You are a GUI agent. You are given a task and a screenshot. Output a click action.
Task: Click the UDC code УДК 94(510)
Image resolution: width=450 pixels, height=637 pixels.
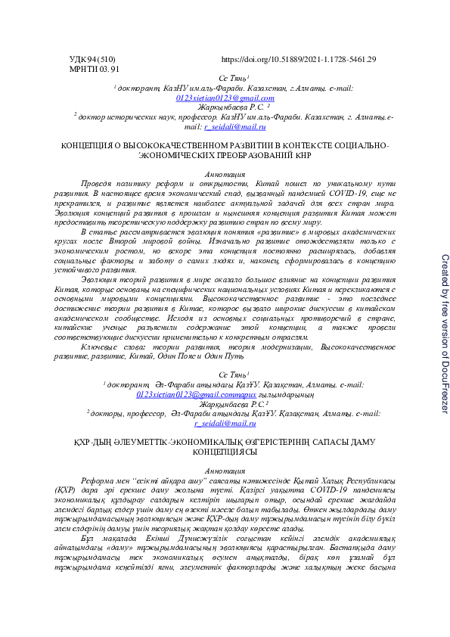(x=92, y=59)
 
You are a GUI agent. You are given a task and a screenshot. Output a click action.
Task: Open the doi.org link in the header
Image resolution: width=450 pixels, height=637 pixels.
(x=298, y=59)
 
